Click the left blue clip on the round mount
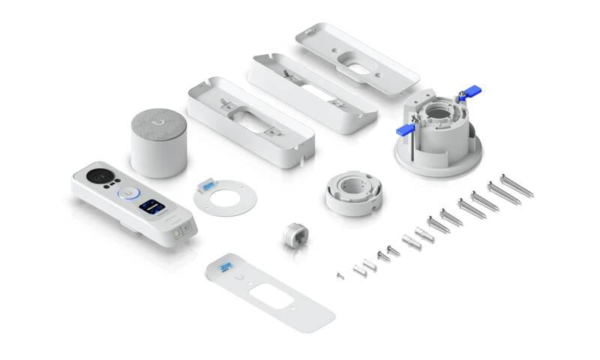point(406,129)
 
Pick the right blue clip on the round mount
point(470,93)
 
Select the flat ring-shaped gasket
point(224,199)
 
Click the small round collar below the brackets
point(355,193)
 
